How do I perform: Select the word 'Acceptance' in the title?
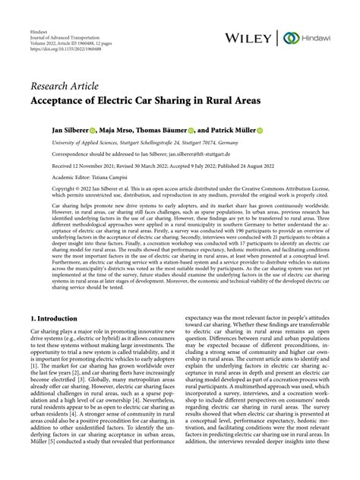point(62,99)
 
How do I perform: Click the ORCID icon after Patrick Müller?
point(259,131)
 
